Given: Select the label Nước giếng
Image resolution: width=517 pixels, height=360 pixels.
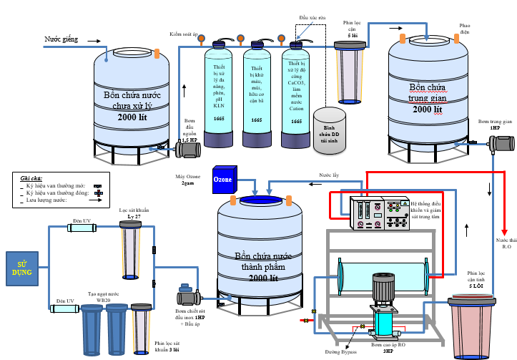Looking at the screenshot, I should click(61, 39).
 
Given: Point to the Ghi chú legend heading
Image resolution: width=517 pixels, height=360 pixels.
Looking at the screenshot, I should click(31, 177).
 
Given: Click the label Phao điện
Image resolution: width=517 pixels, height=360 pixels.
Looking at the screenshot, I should click(465, 28).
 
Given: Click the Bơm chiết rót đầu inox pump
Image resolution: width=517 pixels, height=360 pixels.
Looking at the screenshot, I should click(189, 296).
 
